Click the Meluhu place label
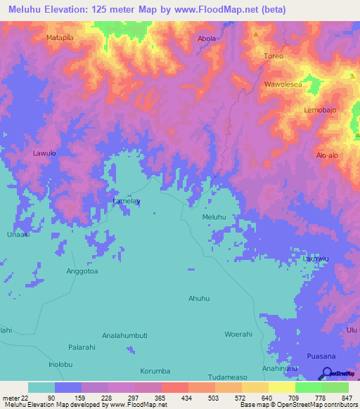tap(215, 217)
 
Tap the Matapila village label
tap(60, 37)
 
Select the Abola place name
tap(207, 39)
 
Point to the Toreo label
tap(272, 56)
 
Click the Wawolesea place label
tap(283, 84)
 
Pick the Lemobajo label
tap(321, 110)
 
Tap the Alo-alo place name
tap(328, 155)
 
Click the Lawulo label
tap(44, 152)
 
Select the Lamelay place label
tap(127, 201)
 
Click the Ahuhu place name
tap(199, 299)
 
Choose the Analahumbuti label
tap(124, 335)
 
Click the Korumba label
tap(155, 370)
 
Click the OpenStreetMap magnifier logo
tap(326, 373)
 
